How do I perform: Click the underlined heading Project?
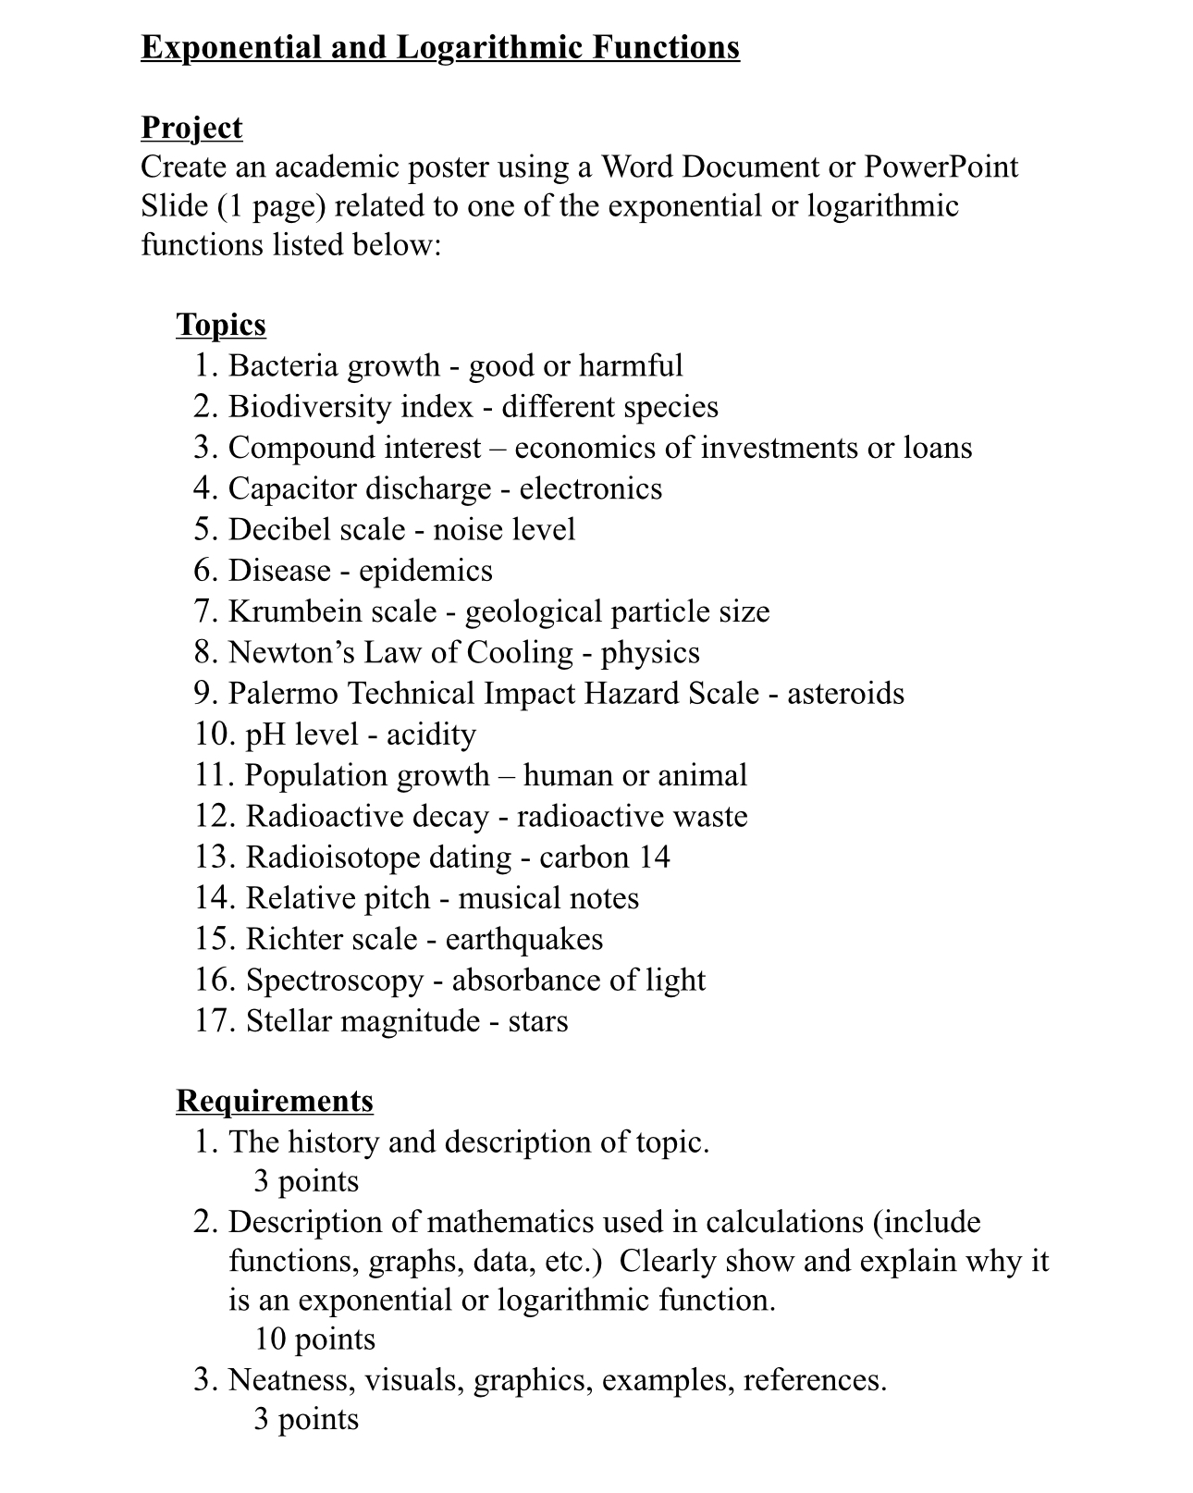[x=191, y=128]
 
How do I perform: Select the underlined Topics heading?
[x=221, y=325]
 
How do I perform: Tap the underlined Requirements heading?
[x=275, y=1101]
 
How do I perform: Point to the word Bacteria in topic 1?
[x=283, y=365]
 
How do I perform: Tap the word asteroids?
[x=845, y=694]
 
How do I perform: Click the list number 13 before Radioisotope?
[x=215, y=858]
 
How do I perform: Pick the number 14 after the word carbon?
[x=654, y=858]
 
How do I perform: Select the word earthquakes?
[x=523, y=940]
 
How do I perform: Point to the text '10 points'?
[x=314, y=1339]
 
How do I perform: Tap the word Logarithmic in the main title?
[x=488, y=47]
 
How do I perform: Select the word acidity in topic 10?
[x=431, y=735]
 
